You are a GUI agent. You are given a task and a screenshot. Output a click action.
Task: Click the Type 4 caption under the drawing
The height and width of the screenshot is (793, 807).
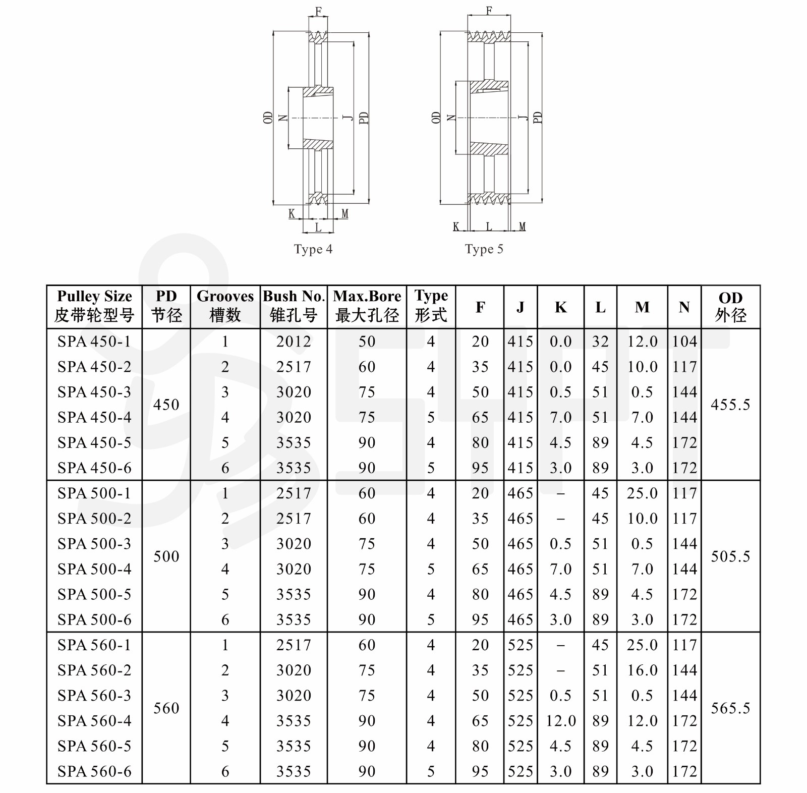pyautogui.click(x=313, y=249)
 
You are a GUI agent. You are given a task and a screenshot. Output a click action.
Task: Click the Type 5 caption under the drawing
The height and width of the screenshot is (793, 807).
pyautogui.click(x=484, y=249)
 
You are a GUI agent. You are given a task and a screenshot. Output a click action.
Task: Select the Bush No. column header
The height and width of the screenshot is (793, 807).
pyautogui.click(x=294, y=306)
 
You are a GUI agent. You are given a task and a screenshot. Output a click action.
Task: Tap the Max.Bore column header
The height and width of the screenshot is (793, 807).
pyautogui.click(x=367, y=306)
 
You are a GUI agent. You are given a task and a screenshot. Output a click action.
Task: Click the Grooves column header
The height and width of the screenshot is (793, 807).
pyautogui.click(x=225, y=306)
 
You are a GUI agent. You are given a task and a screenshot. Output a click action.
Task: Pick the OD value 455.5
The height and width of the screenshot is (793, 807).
pyautogui.click(x=730, y=405)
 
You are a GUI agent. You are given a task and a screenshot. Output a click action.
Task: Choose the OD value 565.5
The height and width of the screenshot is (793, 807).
pyautogui.click(x=730, y=708)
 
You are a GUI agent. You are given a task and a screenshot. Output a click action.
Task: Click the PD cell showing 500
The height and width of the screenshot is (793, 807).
pyautogui.click(x=166, y=556)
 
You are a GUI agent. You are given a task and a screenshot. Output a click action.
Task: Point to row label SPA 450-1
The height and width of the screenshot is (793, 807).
pyautogui.click(x=94, y=342)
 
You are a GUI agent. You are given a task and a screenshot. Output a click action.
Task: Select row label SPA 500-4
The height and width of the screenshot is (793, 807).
pyautogui.click(x=94, y=569)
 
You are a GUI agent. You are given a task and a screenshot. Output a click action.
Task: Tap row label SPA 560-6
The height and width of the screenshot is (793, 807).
pyautogui.click(x=94, y=771)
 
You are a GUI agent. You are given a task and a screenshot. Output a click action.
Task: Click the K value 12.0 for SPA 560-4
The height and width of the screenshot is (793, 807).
pyautogui.click(x=560, y=721)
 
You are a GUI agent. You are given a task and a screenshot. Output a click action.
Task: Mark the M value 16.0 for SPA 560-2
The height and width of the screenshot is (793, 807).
pyautogui.click(x=642, y=670)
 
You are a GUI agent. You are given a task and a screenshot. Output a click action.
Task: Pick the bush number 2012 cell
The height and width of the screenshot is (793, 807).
pyautogui.click(x=294, y=342)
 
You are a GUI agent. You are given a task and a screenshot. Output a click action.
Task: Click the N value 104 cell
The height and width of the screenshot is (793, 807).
pyautogui.click(x=684, y=342)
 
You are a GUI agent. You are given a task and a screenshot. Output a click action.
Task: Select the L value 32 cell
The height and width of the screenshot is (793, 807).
pyautogui.click(x=600, y=342)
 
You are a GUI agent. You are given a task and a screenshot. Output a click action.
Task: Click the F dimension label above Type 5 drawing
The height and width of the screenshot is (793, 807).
pyautogui.click(x=489, y=11)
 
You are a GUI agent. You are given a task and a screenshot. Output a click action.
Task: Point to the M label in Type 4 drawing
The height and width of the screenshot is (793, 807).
pyautogui.click(x=345, y=214)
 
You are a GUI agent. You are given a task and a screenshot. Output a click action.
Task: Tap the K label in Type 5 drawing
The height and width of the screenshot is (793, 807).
pyautogui.click(x=456, y=227)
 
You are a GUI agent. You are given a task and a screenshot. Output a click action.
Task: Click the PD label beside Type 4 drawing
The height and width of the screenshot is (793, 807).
pyautogui.click(x=364, y=118)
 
